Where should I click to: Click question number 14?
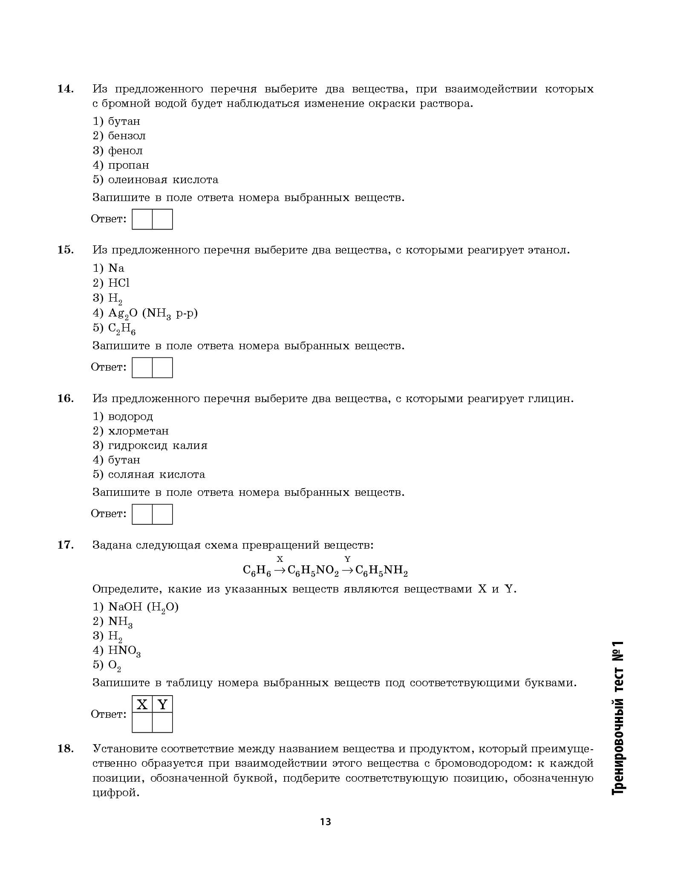66,89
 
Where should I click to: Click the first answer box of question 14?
142,219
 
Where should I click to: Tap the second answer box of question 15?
162,367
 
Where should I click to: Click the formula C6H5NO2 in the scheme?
313,571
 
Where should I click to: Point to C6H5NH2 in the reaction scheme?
381,571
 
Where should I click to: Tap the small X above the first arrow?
280,559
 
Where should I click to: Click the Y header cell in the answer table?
162,705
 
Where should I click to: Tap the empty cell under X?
142,723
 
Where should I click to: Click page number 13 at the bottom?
326,822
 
